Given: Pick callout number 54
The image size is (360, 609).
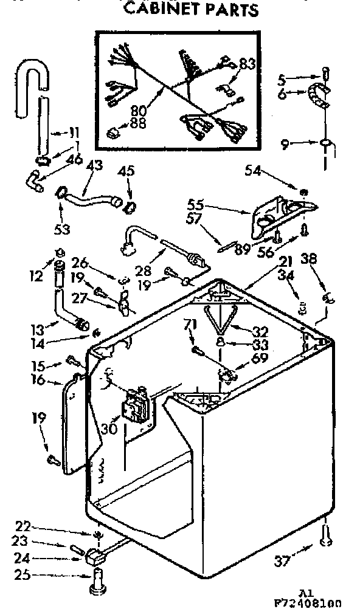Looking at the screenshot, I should pyautogui.click(x=254, y=171).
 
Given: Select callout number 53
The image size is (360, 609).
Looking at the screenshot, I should pyautogui.click(x=63, y=229).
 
